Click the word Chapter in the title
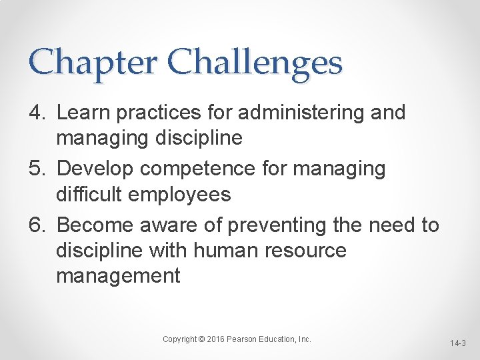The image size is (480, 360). coord(93,63)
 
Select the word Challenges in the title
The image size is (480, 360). coord(255,63)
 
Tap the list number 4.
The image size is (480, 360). coord(35,113)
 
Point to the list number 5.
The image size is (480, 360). coord(35,169)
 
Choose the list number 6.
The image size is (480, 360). coord(35,226)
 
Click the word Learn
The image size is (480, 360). coord(83,113)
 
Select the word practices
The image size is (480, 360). coord(158,113)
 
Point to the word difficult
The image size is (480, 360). coord(86,195)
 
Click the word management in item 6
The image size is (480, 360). coord(118,276)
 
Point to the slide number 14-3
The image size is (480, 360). coord(458,343)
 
